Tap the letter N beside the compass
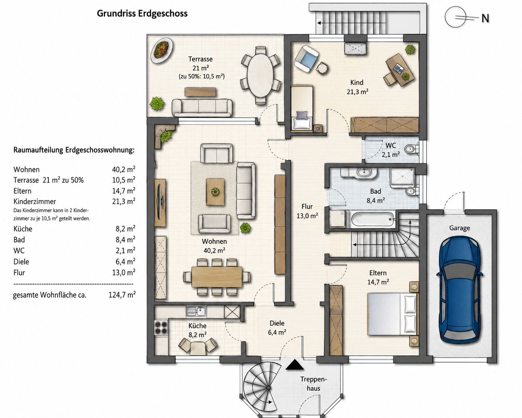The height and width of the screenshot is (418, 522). tap(485, 19)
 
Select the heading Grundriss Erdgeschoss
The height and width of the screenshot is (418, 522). tap(142, 13)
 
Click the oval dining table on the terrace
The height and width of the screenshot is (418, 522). tap(260, 76)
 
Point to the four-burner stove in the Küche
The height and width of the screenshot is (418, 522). tap(161, 327)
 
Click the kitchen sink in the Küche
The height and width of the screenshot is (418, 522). tap(197, 312)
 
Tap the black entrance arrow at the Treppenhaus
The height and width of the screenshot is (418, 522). tap(295, 364)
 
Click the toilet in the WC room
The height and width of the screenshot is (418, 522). tap(411, 149)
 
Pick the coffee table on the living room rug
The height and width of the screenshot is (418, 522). tap(215, 192)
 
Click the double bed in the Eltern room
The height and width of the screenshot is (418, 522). tap(393, 314)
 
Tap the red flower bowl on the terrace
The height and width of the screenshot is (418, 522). tap(161, 50)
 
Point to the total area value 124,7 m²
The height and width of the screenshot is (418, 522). tap(122, 295)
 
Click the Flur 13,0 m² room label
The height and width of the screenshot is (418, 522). tap(307, 211)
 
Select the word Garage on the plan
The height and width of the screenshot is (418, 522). tap(459, 228)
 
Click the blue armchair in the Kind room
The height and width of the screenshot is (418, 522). tap(306, 59)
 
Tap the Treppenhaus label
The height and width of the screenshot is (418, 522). tap(313, 383)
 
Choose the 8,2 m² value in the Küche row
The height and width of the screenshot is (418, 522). tap(125, 229)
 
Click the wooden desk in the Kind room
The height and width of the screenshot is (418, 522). tap(400, 70)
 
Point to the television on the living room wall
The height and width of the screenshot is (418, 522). tap(160, 203)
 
